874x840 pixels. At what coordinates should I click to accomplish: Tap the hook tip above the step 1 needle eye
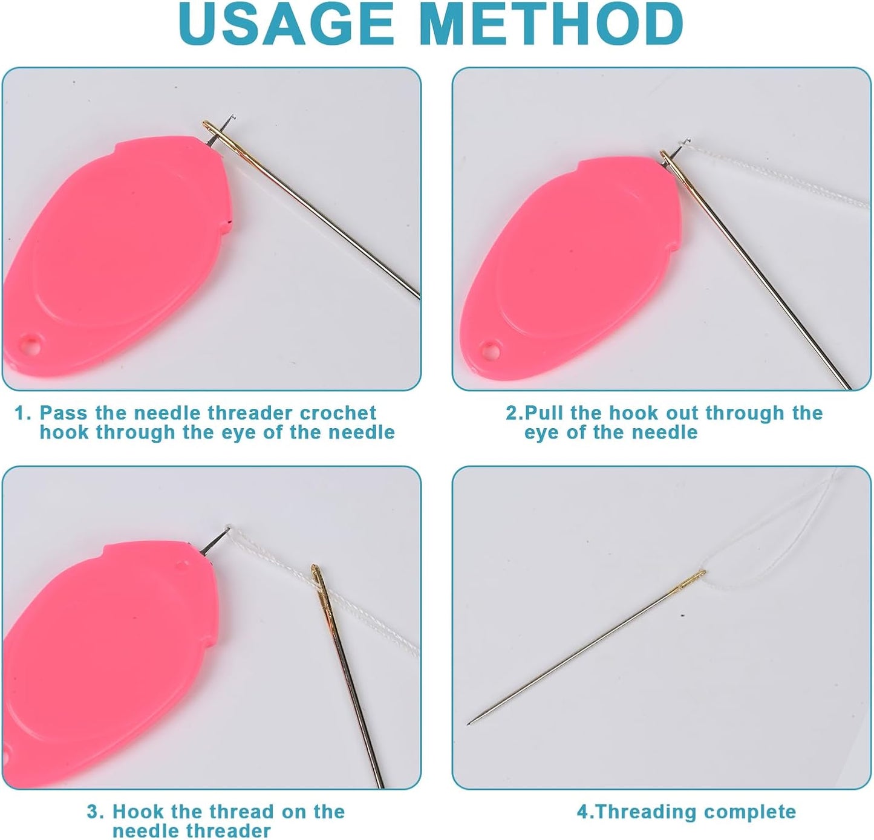coord(232,117)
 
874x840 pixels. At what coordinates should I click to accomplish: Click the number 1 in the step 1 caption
coord(21,412)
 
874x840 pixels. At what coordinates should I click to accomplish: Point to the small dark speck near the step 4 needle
coord(683,615)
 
